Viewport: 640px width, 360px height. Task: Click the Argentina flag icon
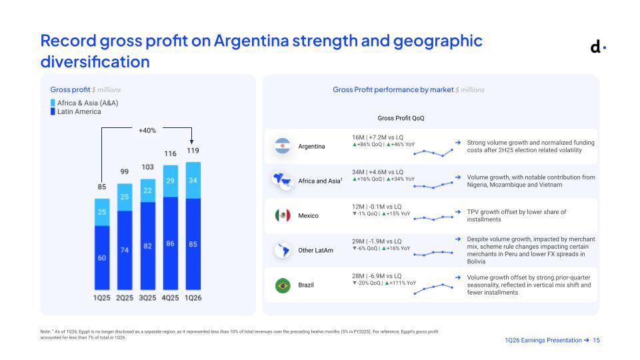tap(283, 146)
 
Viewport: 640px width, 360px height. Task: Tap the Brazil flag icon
tap(283, 285)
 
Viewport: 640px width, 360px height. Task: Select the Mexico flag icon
tap(283, 215)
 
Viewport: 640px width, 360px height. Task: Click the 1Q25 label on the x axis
tap(101, 298)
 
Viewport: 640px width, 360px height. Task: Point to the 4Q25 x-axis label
tap(170, 298)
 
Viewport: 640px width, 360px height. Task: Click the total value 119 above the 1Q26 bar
tap(193, 151)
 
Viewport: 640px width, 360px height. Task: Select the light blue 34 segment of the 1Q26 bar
tap(193, 181)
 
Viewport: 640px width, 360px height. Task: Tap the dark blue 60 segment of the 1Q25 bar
tap(102, 257)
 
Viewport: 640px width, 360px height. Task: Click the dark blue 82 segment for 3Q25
tap(148, 246)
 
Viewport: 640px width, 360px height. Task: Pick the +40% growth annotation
tap(147, 131)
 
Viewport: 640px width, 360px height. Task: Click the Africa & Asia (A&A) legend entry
tap(85, 103)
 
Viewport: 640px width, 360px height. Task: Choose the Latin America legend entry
tap(76, 111)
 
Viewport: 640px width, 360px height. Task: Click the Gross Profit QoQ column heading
tap(401, 118)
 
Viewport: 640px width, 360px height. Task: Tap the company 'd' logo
tap(598, 47)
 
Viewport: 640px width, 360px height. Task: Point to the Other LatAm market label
tap(315, 250)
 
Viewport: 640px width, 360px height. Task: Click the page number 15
tap(596, 340)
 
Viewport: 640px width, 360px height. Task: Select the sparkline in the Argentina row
tap(433, 153)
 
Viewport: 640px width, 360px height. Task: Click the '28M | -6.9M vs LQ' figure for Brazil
tap(377, 276)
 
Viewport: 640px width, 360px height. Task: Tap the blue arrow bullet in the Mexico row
tap(458, 212)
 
